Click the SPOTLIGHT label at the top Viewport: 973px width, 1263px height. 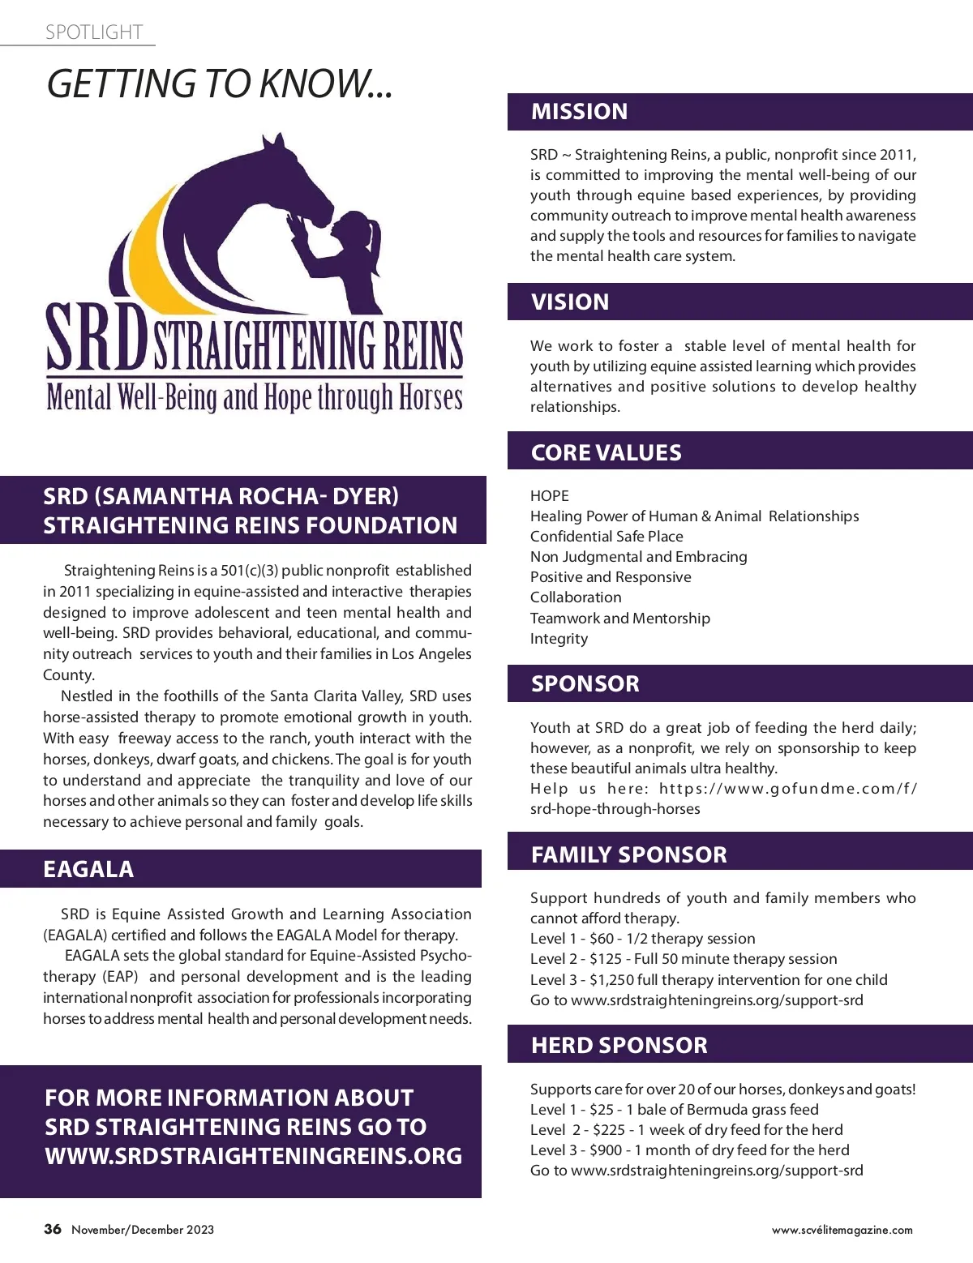(94, 32)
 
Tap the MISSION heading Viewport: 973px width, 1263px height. (579, 112)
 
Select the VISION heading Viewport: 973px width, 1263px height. (569, 302)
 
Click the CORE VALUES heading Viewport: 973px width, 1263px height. (606, 452)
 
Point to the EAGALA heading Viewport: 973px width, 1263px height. (88, 869)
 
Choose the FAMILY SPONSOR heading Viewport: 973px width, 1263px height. (628, 854)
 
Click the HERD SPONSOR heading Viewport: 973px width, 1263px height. (619, 1045)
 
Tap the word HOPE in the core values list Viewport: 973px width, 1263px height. (550, 496)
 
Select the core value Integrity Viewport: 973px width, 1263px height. (559, 639)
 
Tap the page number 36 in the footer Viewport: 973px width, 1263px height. (53, 1229)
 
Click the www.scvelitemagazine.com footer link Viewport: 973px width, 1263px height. (842, 1230)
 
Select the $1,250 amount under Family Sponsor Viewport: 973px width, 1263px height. (611, 980)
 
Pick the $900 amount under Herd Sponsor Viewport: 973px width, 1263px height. (607, 1150)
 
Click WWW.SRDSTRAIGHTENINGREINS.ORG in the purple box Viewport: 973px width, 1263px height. (253, 1156)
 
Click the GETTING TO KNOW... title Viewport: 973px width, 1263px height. (219, 83)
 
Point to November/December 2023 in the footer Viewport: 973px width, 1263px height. (143, 1230)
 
